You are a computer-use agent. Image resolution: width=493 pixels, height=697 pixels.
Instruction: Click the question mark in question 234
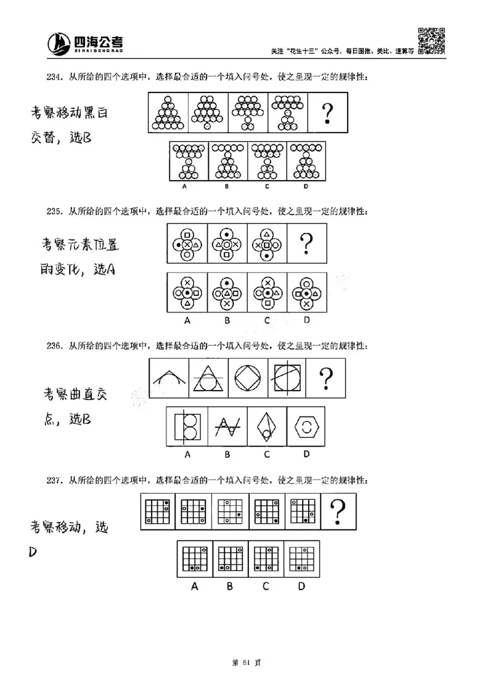click(327, 113)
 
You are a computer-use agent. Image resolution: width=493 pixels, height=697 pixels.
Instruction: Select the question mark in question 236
click(326, 380)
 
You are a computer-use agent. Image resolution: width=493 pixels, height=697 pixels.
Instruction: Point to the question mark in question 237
click(336, 511)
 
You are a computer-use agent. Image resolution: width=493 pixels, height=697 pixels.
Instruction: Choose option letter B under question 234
click(227, 185)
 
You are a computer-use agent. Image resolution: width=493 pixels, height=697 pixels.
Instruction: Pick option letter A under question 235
click(187, 320)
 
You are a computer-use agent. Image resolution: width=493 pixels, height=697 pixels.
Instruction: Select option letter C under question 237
click(266, 586)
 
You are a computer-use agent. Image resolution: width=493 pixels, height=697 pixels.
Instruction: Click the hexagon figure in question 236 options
click(306, 426)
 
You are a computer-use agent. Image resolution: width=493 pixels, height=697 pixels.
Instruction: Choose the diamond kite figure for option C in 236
click(266, 426)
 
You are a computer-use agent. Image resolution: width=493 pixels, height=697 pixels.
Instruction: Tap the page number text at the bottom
click(246, 662)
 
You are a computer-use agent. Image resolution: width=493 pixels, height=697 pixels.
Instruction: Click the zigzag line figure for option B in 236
click(227, 426)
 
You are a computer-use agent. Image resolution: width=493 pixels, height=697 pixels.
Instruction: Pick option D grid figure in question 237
click(301, 558)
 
